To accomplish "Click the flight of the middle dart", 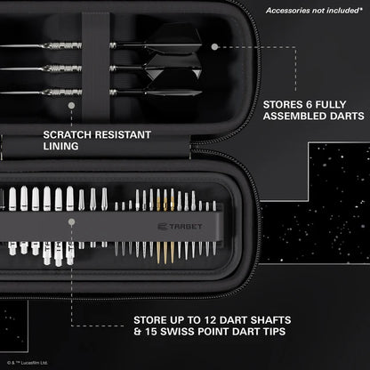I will pos(173,67).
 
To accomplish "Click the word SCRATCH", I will pos(72,135).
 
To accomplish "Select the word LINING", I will pos(60,147).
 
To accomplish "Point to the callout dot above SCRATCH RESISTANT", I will pos(70,103).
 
